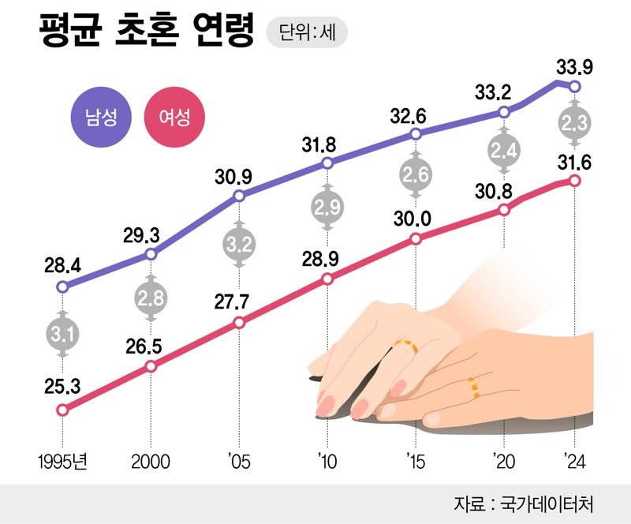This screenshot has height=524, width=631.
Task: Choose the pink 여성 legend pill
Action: point(174,119)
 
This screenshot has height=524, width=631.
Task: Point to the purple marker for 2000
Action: point(151,254)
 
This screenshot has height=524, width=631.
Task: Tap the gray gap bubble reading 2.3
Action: point(575,123)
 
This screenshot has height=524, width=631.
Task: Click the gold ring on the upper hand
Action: point(406,345)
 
